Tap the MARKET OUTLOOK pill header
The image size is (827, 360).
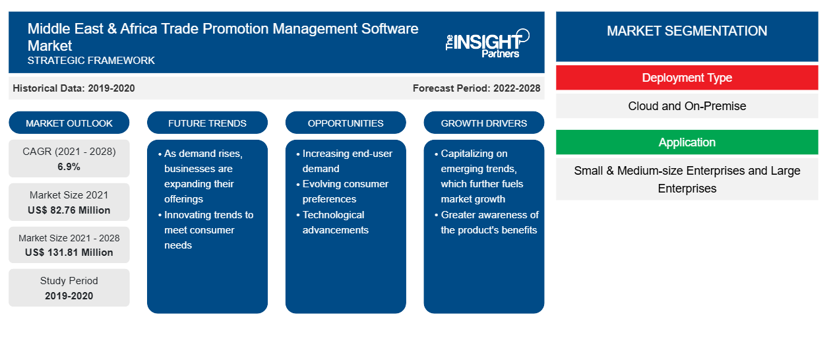click(69, 123)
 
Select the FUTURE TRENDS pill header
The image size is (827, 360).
click(207, 123)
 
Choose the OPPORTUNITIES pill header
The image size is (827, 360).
click(346, 123)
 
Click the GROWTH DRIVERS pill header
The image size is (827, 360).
click(484, 123)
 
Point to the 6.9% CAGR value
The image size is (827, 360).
click(69, 167)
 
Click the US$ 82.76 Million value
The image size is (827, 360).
click(69, 210)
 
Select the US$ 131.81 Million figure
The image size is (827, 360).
click(69, 253)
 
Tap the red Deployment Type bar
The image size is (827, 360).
click(687, 78)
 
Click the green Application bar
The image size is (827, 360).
click(687, 142)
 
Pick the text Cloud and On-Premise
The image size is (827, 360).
click(687, 106)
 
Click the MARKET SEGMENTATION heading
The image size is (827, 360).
click(687, 30)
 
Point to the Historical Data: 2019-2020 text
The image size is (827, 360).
click(74, 88)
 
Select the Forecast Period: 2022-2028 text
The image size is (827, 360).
click(476, 88)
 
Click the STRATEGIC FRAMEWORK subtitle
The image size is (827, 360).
click(91, 61)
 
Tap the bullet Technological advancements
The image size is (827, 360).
click(335, 222)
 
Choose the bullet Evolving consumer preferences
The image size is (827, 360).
click(345, 191)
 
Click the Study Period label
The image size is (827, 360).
click(69, 281)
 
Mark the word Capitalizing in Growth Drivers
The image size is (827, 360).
click(474, 154)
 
